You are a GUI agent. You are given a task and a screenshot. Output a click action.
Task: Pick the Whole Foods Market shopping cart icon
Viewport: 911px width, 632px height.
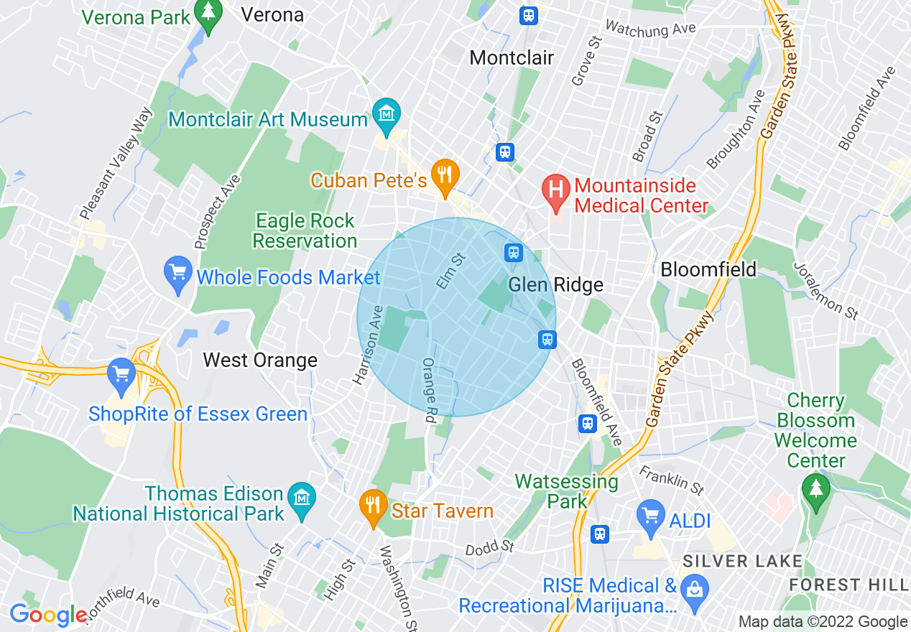click(178, 274)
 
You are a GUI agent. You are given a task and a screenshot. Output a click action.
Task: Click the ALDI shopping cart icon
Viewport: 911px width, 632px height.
click(651, 517)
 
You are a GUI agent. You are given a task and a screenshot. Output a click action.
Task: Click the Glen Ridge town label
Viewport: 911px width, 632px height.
click(555, 285)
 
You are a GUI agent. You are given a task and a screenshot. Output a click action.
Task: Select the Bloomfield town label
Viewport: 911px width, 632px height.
click(708, 269)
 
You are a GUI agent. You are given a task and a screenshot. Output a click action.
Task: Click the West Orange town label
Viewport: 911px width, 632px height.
click(260, 360)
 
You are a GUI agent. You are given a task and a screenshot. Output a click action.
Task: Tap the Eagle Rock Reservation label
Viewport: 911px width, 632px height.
click(305, 231)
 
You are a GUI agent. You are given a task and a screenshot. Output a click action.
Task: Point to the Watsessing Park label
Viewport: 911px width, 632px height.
click(567, 491)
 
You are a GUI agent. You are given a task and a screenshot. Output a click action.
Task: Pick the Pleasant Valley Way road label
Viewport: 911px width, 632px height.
click(116, 164)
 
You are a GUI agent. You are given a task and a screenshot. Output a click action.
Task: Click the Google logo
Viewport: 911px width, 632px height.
click(47, 615)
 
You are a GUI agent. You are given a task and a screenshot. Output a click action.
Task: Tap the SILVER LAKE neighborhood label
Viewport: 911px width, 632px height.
click(741, 560)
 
